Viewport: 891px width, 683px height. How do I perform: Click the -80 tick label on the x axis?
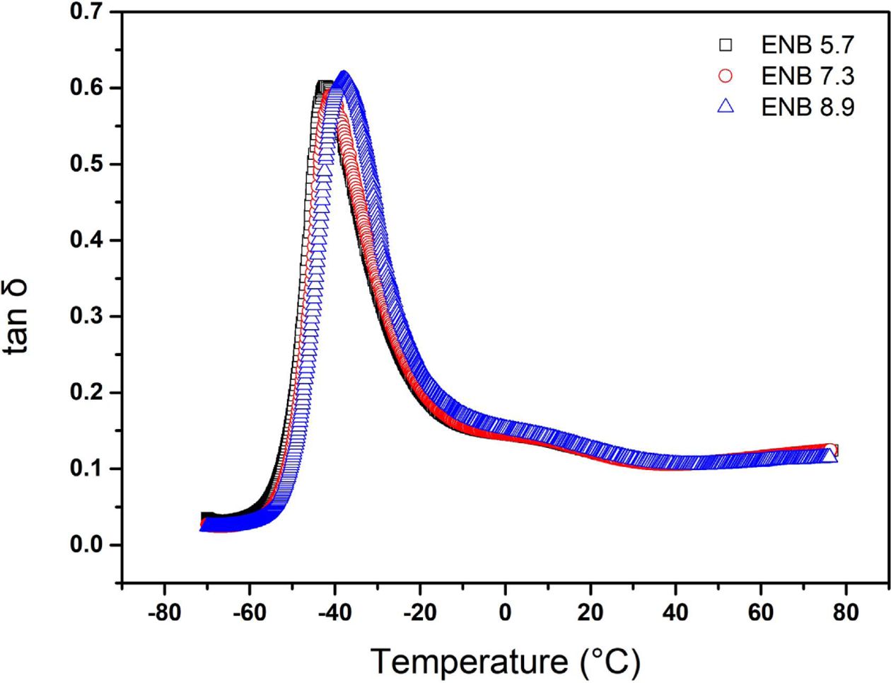pyautogui.click(x=164, y=612)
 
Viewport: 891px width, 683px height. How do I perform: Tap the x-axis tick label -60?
pyautogui.click(x=250, y=612)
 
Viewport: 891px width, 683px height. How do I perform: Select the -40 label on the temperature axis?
pyautogui.click(x=334, y=612)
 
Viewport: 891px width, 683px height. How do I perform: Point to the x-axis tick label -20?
pyautogui.click(x=420, y=612)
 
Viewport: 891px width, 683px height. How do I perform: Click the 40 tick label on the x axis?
pyautogui.click(x=676, y=612)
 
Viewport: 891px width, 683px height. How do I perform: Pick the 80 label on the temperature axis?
pyautogui.click(x=846, y=612)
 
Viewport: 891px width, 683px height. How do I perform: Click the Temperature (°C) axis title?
pyautogui.click(x=505, y=662)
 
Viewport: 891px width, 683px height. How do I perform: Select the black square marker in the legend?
pyautogui.click(x=726, y=46)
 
